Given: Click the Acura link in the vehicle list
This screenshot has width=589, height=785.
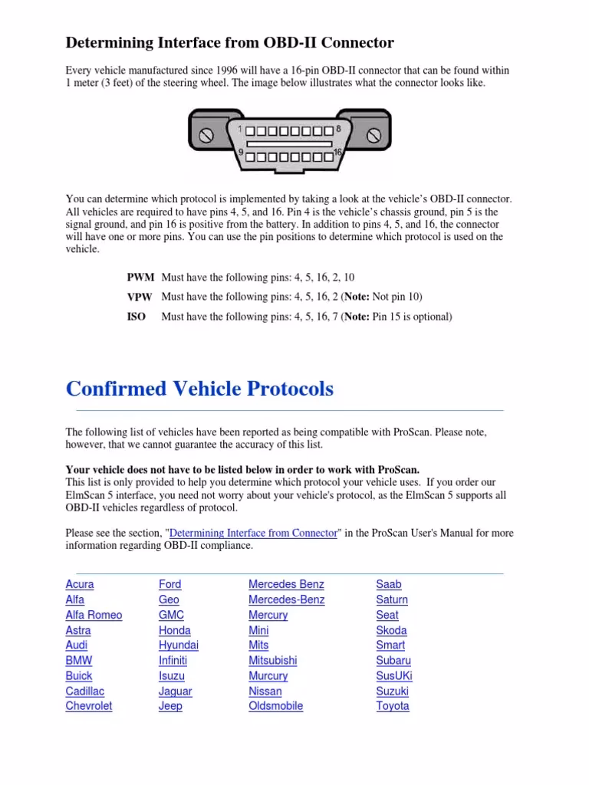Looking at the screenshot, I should (80, 584).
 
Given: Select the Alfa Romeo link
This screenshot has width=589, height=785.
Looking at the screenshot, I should (94, 615).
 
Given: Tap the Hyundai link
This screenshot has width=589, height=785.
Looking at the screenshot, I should (178, 645).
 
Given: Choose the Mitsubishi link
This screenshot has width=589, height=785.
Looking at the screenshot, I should (272, 660).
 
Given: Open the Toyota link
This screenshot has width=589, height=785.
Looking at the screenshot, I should (392, 706).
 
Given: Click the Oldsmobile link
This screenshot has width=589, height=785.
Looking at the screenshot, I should (275, 706).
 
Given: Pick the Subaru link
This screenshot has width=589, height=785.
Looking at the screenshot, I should (393, 660).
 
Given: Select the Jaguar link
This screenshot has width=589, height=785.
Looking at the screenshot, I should (175, 691).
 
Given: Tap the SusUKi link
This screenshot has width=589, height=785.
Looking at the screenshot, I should (394, 675).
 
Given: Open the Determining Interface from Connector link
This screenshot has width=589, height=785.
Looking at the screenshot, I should (253, 533).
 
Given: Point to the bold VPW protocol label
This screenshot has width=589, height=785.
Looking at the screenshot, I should (140, 297).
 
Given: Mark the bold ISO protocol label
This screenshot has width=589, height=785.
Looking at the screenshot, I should (136, 316).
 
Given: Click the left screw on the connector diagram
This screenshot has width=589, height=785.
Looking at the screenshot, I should (206, 136).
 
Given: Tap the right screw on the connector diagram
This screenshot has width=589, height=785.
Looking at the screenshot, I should (373, 136).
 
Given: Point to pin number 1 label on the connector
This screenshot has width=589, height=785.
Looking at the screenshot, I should (239, 130).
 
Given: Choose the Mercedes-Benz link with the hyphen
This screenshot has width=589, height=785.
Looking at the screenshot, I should (286, 599).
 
